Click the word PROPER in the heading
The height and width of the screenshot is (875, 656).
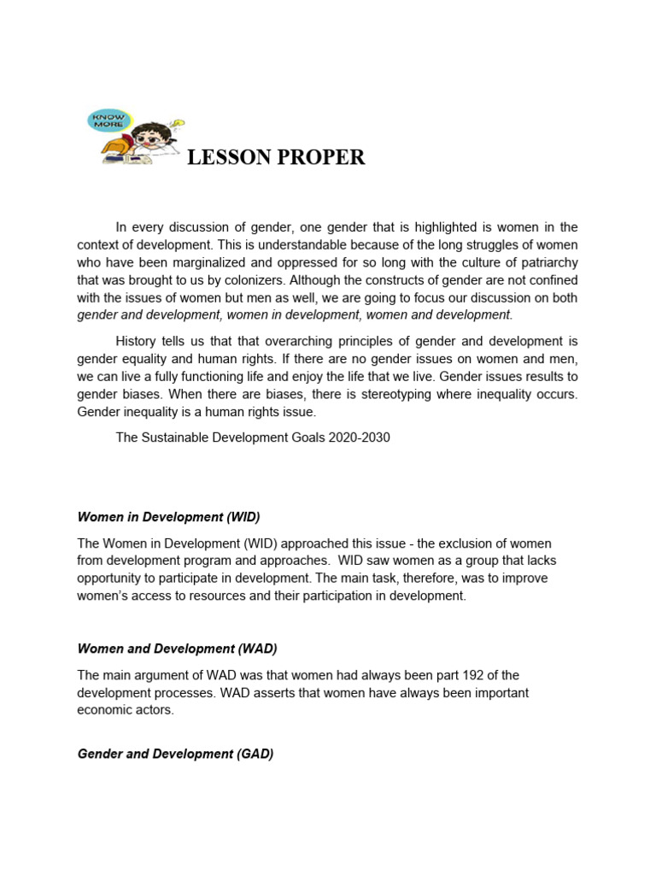point(321,157)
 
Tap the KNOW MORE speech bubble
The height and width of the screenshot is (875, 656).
point(108,120)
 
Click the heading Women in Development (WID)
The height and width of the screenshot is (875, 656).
point(168,517)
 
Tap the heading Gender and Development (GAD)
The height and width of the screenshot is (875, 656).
point(175,755)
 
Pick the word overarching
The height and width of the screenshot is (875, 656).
point(278,342)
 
